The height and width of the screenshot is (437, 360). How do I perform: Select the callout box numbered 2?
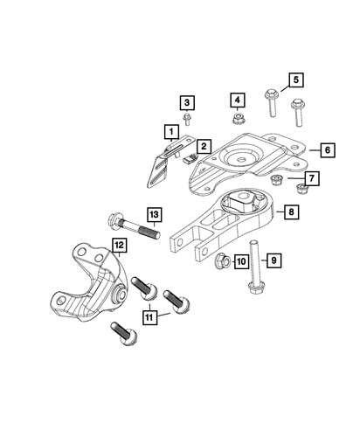click(203, 146)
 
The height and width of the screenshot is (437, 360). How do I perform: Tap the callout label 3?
click(188, 101)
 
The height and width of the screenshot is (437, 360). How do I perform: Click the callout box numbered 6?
click(325, 149)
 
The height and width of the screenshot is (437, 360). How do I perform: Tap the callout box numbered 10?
click(240, 261)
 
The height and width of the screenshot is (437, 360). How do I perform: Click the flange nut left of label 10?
click(221, 260)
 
